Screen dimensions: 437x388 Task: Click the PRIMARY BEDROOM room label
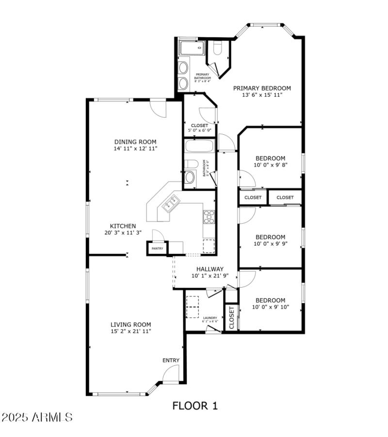pos(262,88)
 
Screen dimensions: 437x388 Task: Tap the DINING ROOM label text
pos(135,142)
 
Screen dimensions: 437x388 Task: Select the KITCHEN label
pos(123,226)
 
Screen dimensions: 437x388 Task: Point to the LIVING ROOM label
pos(130,324)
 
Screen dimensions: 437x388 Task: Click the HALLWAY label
pos(210,269)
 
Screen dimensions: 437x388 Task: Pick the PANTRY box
pos(157,248)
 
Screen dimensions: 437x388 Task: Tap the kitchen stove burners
pos(209,216)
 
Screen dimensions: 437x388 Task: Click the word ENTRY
pos(171,360)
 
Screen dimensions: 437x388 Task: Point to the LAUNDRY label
pos(210,318)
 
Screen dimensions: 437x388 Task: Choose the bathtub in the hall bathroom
pos(199,146)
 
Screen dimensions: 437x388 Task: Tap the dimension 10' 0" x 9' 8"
pos(270,165)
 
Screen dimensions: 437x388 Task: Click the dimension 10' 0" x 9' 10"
pos(271,307)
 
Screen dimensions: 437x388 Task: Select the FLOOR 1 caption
pos(195,405)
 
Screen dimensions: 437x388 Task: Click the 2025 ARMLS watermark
pos(37,417)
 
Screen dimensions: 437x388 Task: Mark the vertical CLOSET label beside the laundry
pos(231,318)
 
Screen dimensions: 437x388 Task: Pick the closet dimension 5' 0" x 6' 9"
pos(199,130)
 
